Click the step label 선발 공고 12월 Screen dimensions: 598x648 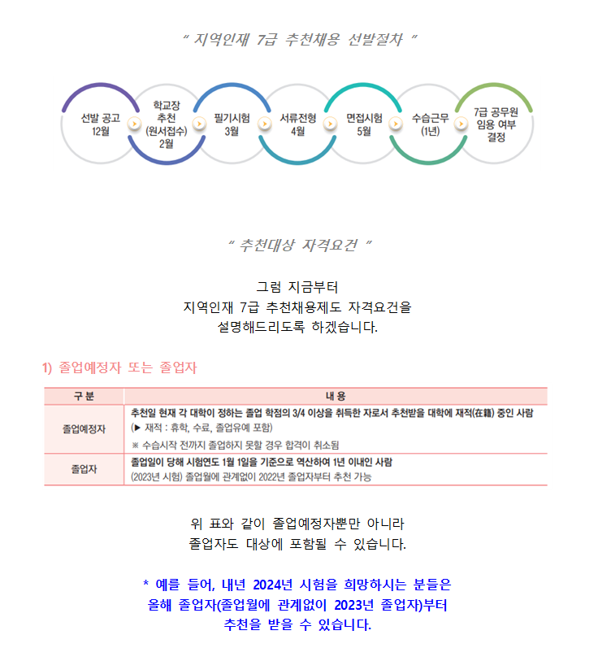point(101,124)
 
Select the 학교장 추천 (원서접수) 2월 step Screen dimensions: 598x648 point(167,124)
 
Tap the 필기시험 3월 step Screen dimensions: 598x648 point(232,124)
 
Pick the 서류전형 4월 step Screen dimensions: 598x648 point(297,124)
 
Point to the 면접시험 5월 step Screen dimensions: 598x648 point(364,124)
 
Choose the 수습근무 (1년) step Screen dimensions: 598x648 point(430,124)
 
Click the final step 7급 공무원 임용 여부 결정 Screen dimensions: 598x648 point(496,124)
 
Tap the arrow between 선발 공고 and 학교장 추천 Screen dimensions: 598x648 point(134,123)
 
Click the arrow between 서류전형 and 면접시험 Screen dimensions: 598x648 point(330,123)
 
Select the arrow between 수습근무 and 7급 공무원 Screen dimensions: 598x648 point(461,123)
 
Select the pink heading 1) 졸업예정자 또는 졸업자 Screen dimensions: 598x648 point(119,367)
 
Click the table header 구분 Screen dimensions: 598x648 point(84,396)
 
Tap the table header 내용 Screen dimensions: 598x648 point(336,396)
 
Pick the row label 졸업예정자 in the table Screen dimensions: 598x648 point(84,429)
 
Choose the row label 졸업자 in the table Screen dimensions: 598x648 point(84,469)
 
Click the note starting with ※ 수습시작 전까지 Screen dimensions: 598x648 point(235,445)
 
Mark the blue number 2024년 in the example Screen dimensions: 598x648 point(272,585)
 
